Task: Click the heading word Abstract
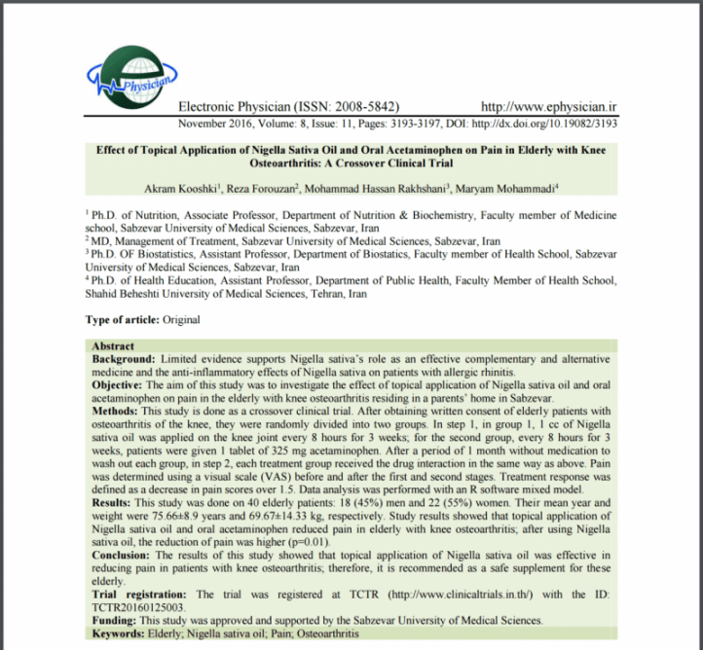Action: tap(113, 346)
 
